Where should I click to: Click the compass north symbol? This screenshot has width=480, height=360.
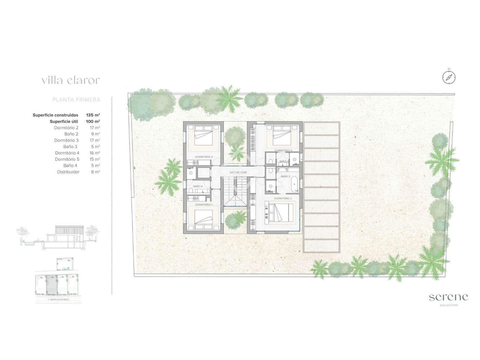(x=449, y=77)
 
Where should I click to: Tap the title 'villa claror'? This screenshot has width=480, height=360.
(x=70, y=80)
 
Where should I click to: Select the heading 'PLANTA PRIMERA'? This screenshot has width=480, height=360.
(x=76, y=100)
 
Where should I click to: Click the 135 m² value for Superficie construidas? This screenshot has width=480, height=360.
(x=93, y=115)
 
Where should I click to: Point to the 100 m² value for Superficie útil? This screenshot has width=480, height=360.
(x=93, y=121)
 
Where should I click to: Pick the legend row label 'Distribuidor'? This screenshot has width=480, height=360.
(x=68, y=172)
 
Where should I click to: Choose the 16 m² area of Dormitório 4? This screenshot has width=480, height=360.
(x=95, y=153)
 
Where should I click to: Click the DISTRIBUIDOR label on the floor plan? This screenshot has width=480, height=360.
(x=238, y=172)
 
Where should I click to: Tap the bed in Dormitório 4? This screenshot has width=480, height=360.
(x=203, y=137)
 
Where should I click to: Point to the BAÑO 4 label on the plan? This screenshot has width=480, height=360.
(x=198, y=186)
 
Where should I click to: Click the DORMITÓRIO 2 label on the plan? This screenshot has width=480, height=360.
(x=283, y=198)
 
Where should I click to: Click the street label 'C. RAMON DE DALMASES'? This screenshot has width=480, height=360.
(x=58, y=299)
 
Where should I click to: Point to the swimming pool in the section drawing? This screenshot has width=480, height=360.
(x=29, y=245)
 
